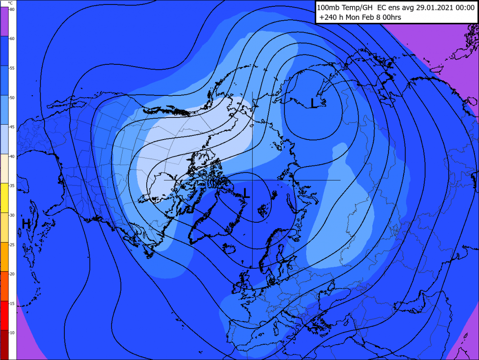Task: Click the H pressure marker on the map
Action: (26, 223)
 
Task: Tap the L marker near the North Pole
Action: (246, 193)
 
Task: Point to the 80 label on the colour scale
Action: (12, 9)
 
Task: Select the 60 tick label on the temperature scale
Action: (12, 39)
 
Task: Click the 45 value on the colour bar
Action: (12, 127)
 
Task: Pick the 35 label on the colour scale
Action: (12, 185)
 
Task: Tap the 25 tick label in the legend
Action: (12, 244)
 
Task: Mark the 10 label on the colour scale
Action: (12, 333)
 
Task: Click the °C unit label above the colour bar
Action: (10, 3)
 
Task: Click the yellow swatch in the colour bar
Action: (8, 198)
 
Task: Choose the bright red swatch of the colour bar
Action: (8, 315)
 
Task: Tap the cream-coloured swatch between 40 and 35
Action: (8, 168)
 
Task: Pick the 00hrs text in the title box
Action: (391, 18)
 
